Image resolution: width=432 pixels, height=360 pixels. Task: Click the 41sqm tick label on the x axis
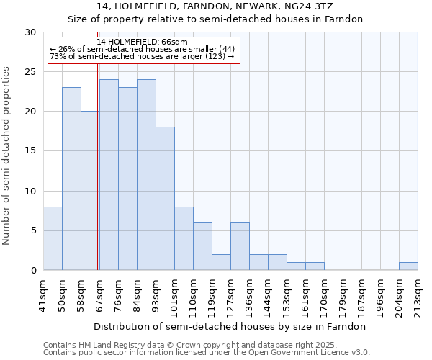(43, 294)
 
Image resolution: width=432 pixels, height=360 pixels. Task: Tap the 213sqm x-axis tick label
(418, 294)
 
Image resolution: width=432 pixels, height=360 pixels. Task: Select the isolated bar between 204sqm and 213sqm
(408, 266)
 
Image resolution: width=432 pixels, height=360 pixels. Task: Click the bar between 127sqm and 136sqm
(240, 246)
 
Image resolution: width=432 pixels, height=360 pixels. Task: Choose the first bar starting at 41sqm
(53, 238)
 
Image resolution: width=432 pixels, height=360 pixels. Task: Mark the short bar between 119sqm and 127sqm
(221, 262)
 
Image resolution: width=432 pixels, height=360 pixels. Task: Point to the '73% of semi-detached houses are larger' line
(142, 56)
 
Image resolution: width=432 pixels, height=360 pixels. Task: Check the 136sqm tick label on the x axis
(249, 294)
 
